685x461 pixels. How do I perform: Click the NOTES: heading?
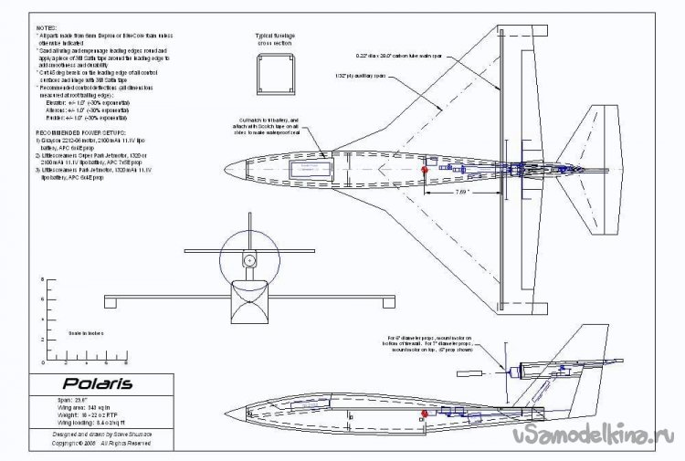(x=45, y=28)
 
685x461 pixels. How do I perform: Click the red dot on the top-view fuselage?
(x=425, y=170)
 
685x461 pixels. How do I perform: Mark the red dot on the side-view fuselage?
(x=424, y=416)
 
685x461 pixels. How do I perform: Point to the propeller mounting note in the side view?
(x=427, y=343)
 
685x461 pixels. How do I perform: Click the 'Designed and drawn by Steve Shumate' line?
(x=88, y=434)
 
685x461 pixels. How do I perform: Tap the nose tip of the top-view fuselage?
(x=223, y=170)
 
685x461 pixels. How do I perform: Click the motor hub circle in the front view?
(x=248, y=260)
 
